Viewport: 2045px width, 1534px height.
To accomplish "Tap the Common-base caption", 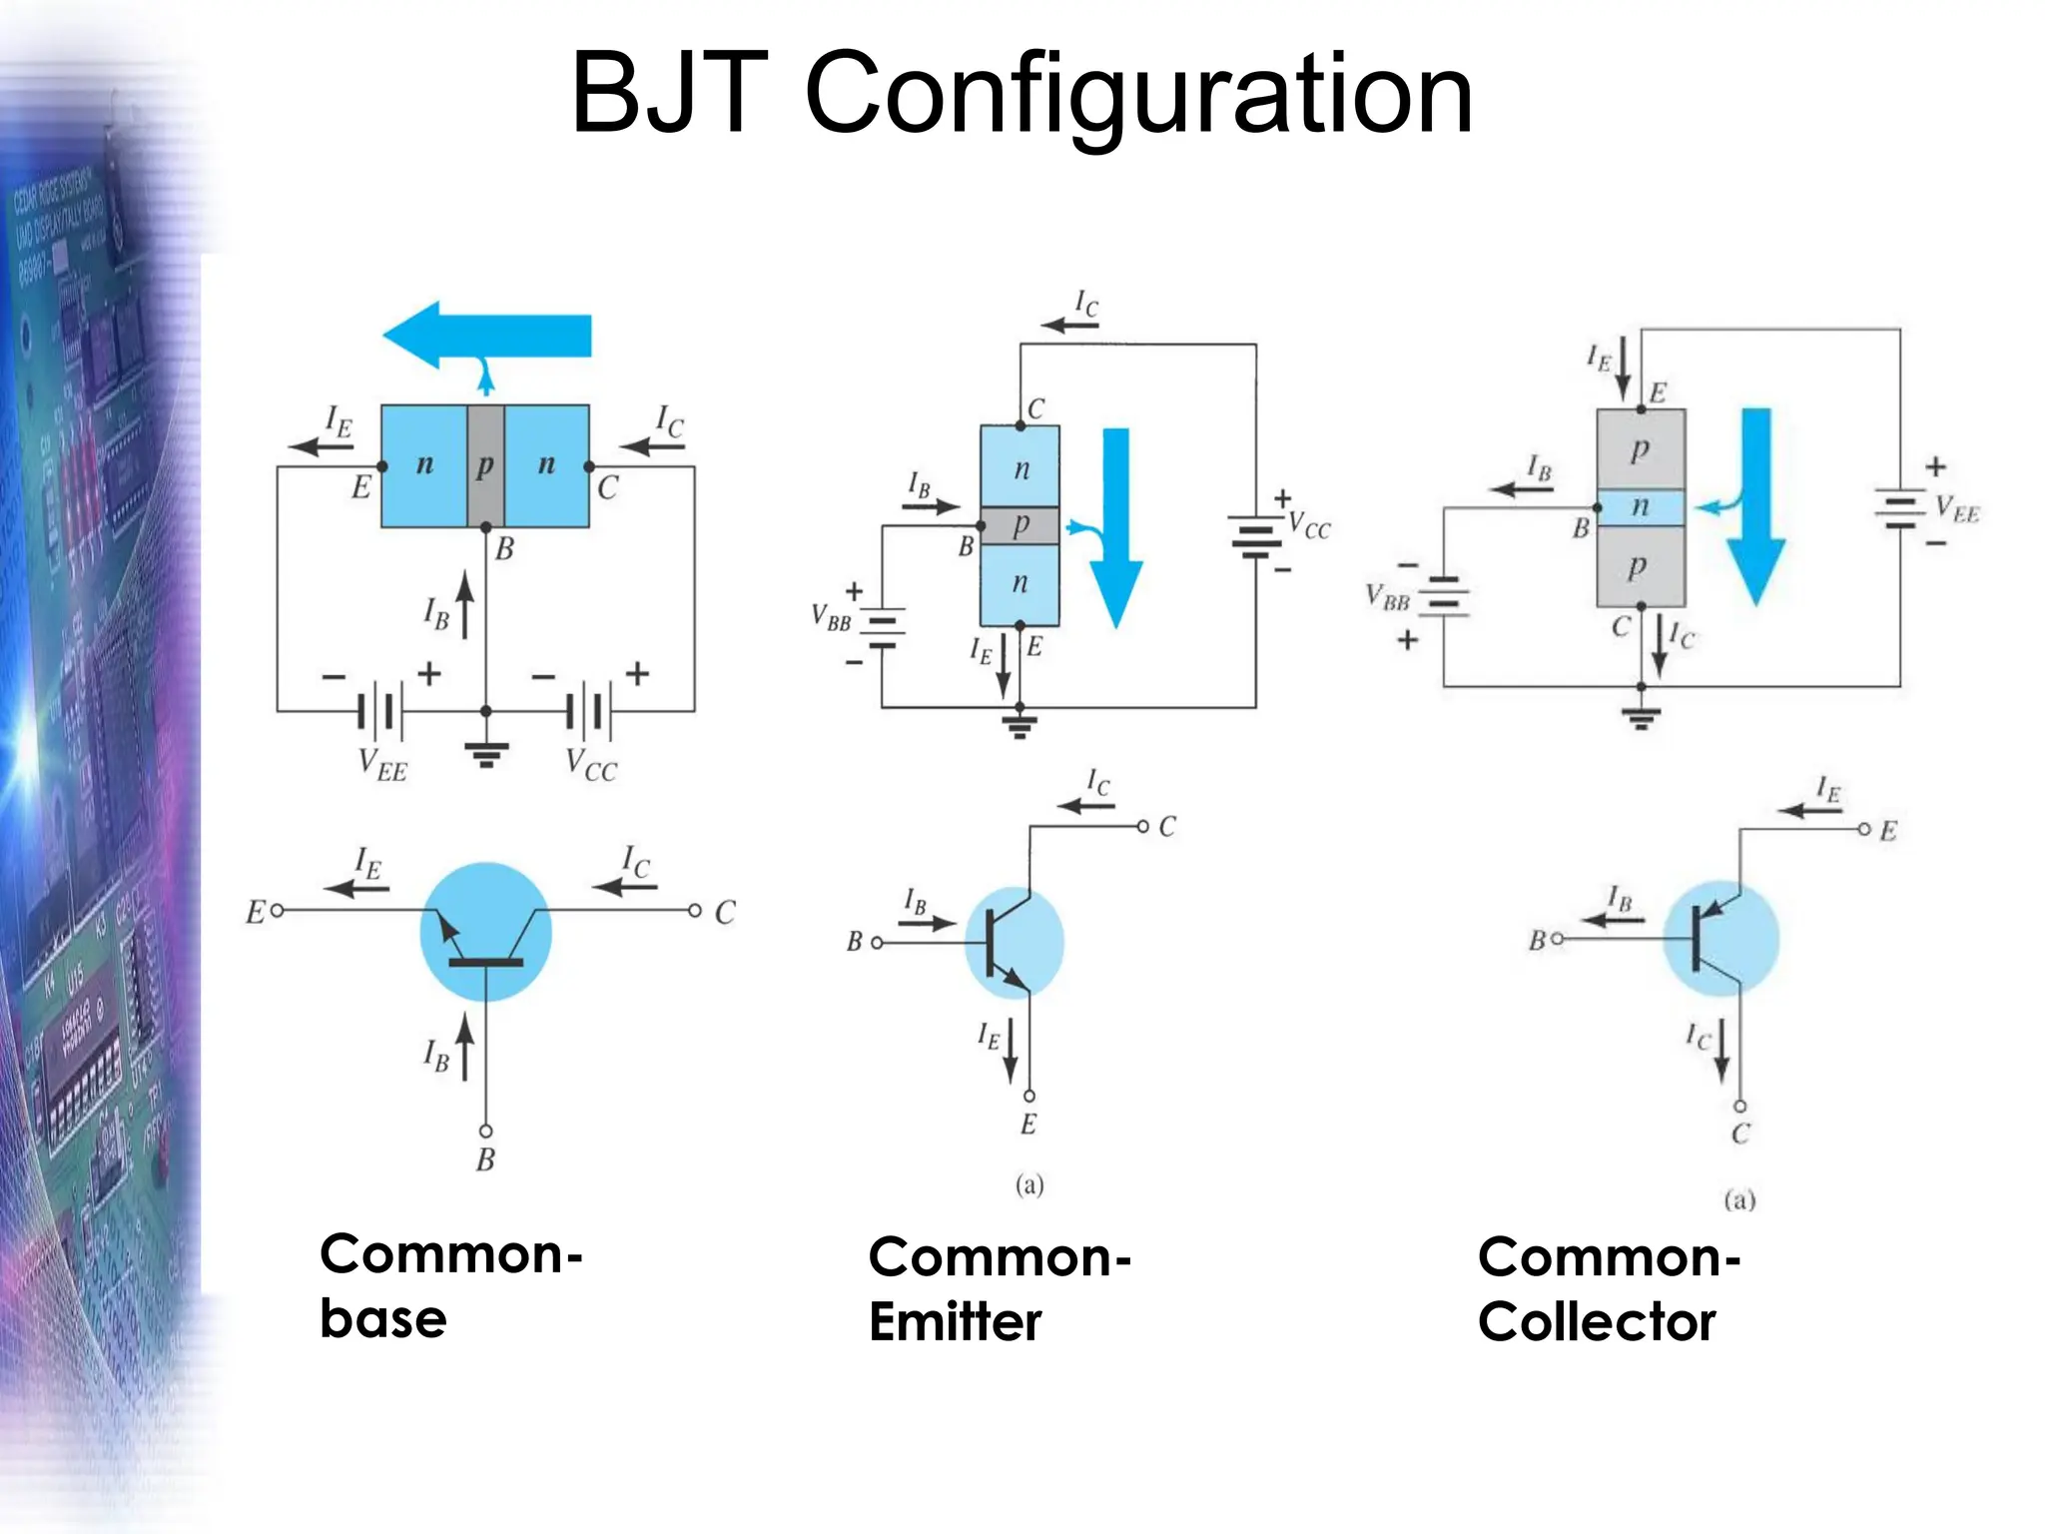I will tap(450, 1285).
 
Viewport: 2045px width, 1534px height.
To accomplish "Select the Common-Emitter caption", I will tap(1000, 1288).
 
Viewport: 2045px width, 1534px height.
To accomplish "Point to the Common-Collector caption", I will tap(1609, 1288).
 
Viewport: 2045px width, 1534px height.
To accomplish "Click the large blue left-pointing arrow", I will tap(487, 336).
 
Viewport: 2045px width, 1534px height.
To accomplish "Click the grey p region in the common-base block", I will tap(485, 465).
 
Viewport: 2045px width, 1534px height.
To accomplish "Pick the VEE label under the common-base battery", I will tap(383, 765).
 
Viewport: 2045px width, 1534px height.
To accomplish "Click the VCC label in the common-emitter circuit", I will tap(1308, 525).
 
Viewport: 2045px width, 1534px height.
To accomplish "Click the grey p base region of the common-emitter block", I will tap(1020, 525).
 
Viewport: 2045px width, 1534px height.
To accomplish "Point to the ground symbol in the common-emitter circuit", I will tap(1020, 724).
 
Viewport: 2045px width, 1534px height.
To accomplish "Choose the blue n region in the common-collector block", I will tap(1641, 507).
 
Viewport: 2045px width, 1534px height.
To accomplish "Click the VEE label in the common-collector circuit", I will tap(1955, 509).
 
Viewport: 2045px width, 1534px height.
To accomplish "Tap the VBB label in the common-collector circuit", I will tap(1387, 597).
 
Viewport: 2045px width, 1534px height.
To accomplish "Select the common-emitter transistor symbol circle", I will tap(1014, 943).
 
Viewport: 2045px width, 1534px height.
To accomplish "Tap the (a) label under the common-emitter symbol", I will tap(1029, 1185).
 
